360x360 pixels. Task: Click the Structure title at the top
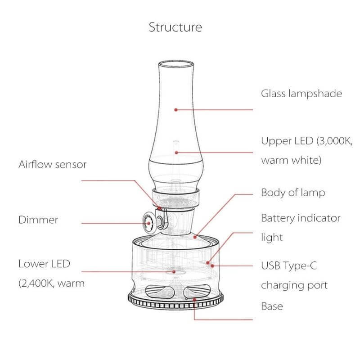[x=175, y=27]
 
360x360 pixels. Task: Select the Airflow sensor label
[x=53, y=164]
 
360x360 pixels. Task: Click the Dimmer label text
[x=38, y=220]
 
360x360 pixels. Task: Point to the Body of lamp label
[x=293, y=193]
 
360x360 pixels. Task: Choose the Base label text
[x=272, y=306]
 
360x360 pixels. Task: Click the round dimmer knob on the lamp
[x=148, y=221]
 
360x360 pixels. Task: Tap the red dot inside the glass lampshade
[x=176, y=109]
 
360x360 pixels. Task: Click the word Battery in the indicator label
[x=278, y=218]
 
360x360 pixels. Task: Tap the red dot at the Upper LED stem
[x=176, y=152]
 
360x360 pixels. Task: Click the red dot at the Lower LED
[x=175, y=272]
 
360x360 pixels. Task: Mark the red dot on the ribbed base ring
[x=194, y=299]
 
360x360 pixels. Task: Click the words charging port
[x=294, y=285]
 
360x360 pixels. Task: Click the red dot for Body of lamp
[x=195, y=235]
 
